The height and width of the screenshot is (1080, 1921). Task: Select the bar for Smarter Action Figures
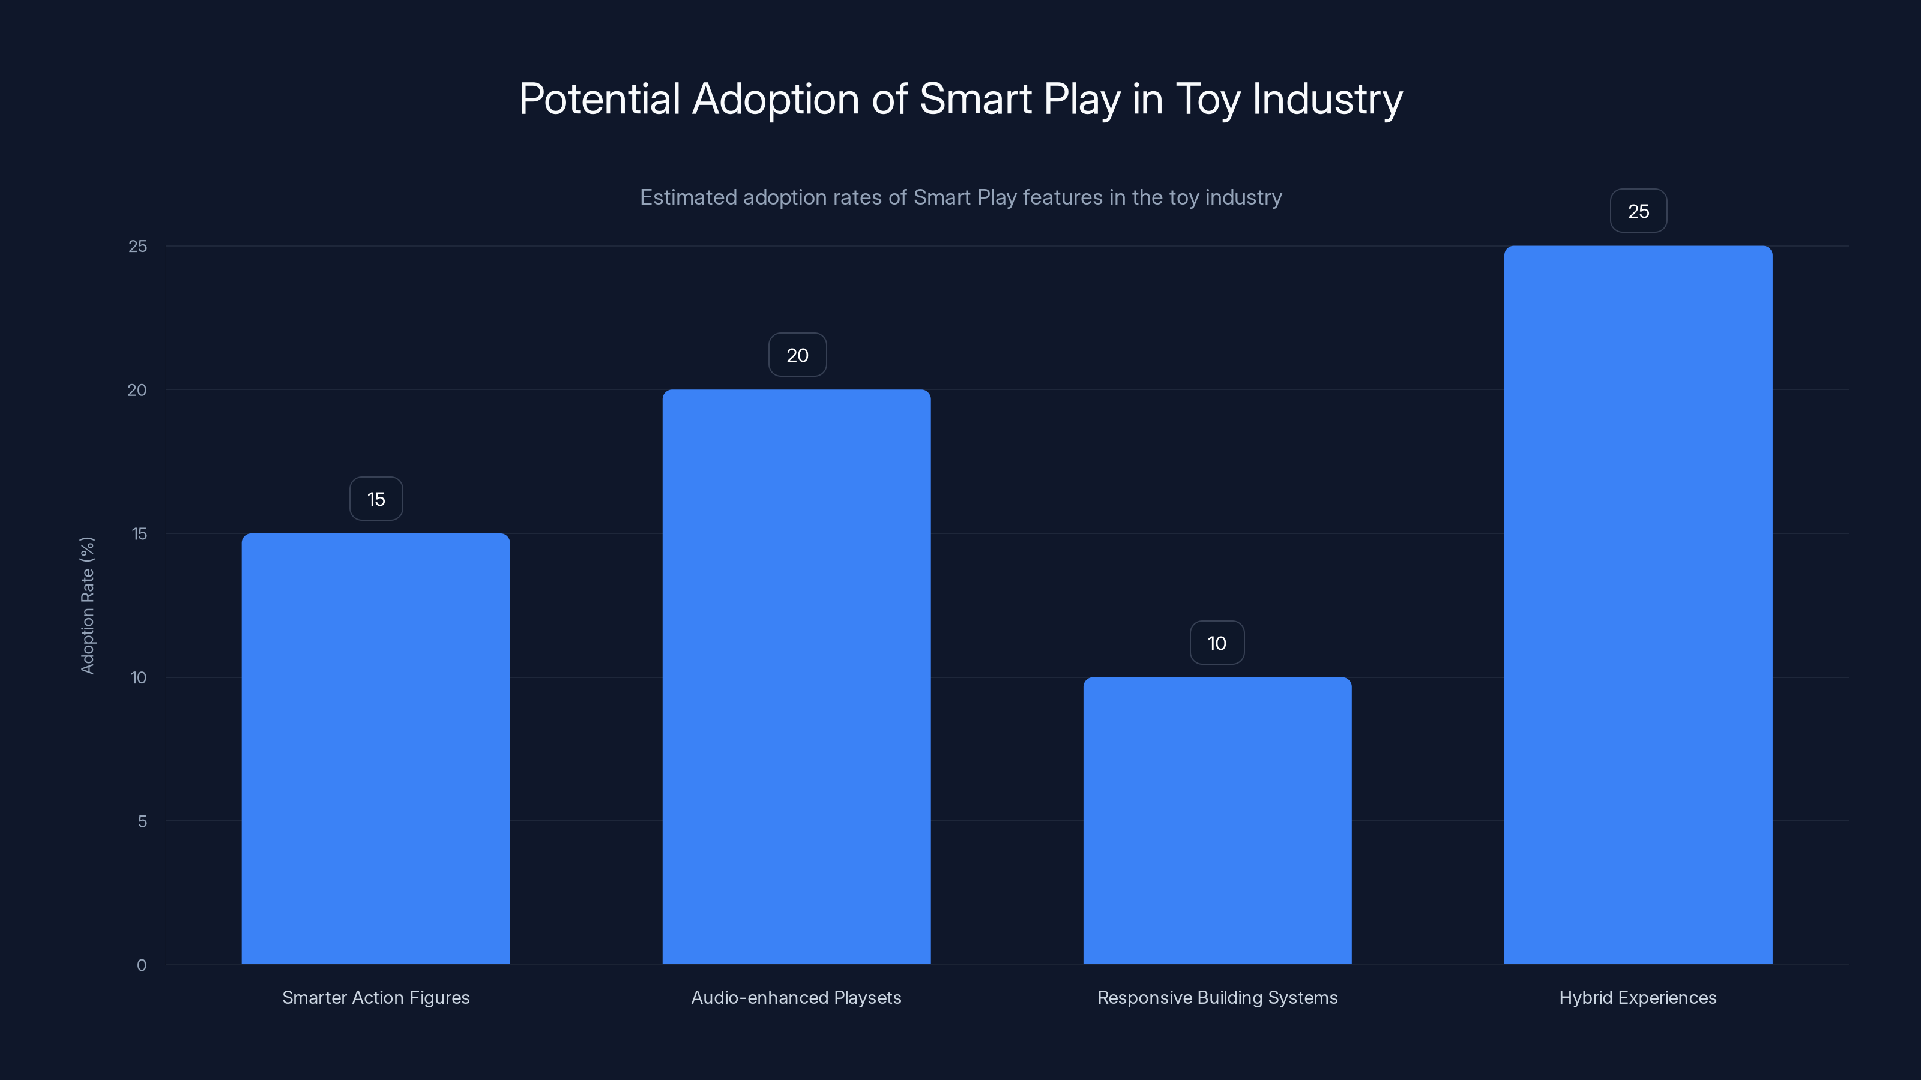point(376,748)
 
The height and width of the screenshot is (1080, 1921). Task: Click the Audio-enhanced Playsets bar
point(797,677)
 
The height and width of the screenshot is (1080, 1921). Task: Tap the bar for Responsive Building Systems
point(1217,821)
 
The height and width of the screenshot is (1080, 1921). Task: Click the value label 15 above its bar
point(376,499)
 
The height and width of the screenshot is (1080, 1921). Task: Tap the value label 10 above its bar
point(1217,643)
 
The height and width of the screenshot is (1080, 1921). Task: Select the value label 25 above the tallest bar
point(1638,212)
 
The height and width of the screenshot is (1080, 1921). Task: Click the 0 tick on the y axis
point(142,965)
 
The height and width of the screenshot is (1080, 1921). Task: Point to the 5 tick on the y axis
point(142,821)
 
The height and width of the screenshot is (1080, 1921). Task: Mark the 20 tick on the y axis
point(137,390)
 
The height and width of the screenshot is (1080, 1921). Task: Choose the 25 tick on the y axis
point(138,246)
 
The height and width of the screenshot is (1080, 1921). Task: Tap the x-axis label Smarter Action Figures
point(376,997)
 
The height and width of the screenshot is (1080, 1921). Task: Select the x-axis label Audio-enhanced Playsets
point(797,997)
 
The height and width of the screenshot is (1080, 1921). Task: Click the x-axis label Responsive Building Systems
point(1217,997)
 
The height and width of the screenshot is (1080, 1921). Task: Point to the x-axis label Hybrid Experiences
point(1638,997)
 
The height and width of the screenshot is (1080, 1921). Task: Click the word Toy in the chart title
point(1208,99)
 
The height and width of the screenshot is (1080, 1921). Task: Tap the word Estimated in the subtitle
point(687,197)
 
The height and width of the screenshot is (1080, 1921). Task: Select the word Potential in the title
point(600,99)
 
